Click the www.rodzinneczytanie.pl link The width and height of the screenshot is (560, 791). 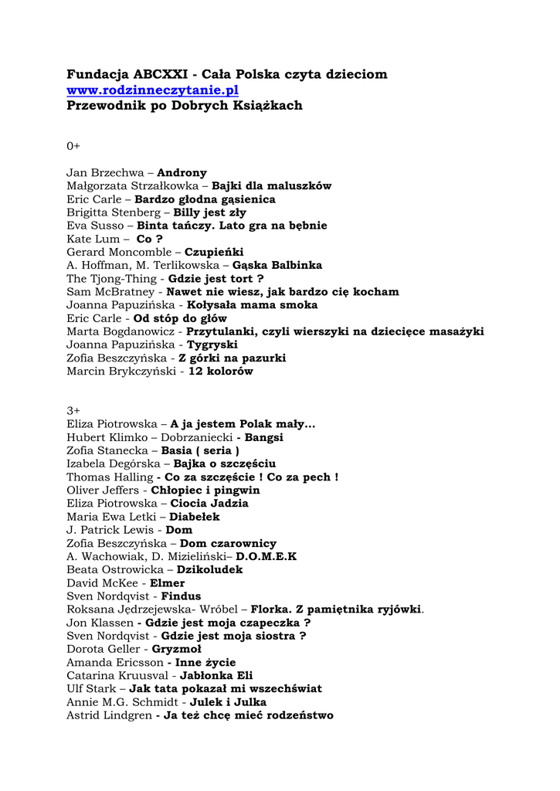pyautogui.click(x=152, y=90)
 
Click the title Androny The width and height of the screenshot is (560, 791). pyautogui.click(x=182, y=173)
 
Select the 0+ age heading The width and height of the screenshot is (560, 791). pyautogui.click(x=73, y=145)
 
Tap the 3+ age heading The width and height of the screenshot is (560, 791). pyautogui.click(x=73, y=410)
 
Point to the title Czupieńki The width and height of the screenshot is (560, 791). pyautogui.click(x=214, y=252)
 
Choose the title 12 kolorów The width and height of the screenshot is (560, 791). pyautogui.click(x=221, y=371)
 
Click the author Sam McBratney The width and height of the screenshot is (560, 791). pyautogui.click(x=111, y=292)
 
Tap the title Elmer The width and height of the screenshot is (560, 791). pyautogui.click(x=167, y=582)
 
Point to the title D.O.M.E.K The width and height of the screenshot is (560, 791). pyautogui.click(x=266, y=556)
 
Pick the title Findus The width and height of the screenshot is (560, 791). pyautogui.click(x=181, y=596)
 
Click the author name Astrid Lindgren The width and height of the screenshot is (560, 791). pyautogui.click(x=107, y=715)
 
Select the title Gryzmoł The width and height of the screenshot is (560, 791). pyautogui.click(x=176, y=649)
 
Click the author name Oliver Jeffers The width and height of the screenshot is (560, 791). pyautogui.click(x=103, y=491)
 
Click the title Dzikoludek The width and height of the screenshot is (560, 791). pyautogui.click(x=209, y=569)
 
